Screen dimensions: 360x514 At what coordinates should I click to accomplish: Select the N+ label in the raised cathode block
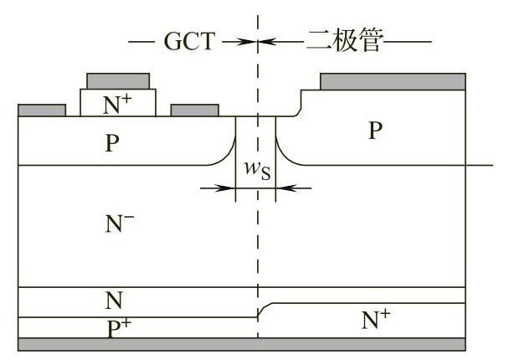pyautogui.click(x=117, y=103)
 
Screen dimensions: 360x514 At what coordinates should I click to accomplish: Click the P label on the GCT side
pyautogui.click(x=112, y=142)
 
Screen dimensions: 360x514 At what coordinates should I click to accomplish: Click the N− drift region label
pyautogui.click(x=121, y=223)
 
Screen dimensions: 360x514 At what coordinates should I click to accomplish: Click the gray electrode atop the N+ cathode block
pyautogui.click(x=118, y=81)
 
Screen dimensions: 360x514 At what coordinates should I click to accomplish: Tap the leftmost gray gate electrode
pyautogui.click(x=42, y=110)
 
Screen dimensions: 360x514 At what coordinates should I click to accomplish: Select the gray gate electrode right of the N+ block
pyautogui.click(x=194, y=110)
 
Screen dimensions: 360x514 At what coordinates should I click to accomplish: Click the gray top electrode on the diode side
pyautogui.click(x=393, y=81)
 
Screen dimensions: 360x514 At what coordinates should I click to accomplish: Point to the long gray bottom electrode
pyautogui.click(x=242, y=344)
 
